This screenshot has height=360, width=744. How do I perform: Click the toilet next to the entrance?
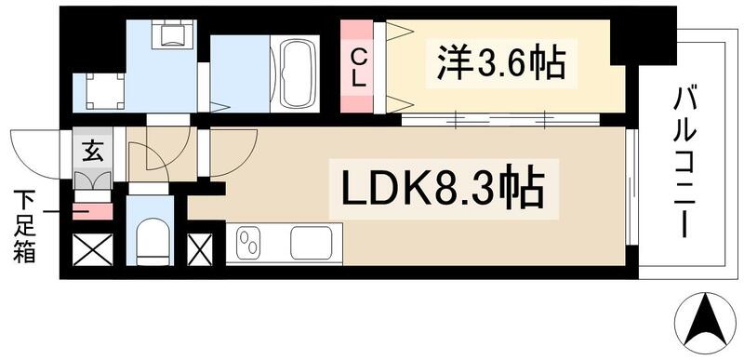[x=151, y=240]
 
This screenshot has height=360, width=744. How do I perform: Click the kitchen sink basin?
[x=312, y=244]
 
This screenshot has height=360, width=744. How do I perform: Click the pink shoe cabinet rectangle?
[x=92, y=211]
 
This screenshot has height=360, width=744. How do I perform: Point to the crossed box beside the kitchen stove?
[x=201, y=248]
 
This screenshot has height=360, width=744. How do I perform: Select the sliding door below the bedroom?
[x=502, y=119]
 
